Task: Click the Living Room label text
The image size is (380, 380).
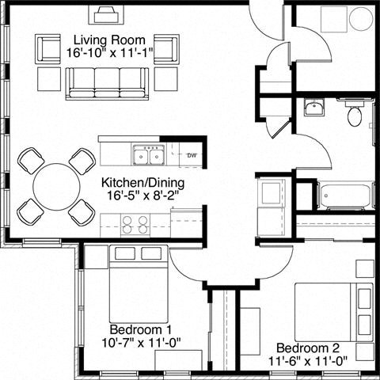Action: (x=108, y=40)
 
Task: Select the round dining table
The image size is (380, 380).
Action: (x=56, y=186)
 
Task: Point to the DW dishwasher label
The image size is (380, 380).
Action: (x=192, y=155)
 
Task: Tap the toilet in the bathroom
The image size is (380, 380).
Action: (x=355, y=116)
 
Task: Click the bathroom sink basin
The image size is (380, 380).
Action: (x=313, y=108)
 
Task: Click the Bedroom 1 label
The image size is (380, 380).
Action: (x=131, y=329)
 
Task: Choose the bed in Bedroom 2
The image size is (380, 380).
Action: (x=332, y=313)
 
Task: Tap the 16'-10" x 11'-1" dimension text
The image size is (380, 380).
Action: (x=108, y=53)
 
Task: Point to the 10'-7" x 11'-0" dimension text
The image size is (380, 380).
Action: (x=131, y=343)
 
